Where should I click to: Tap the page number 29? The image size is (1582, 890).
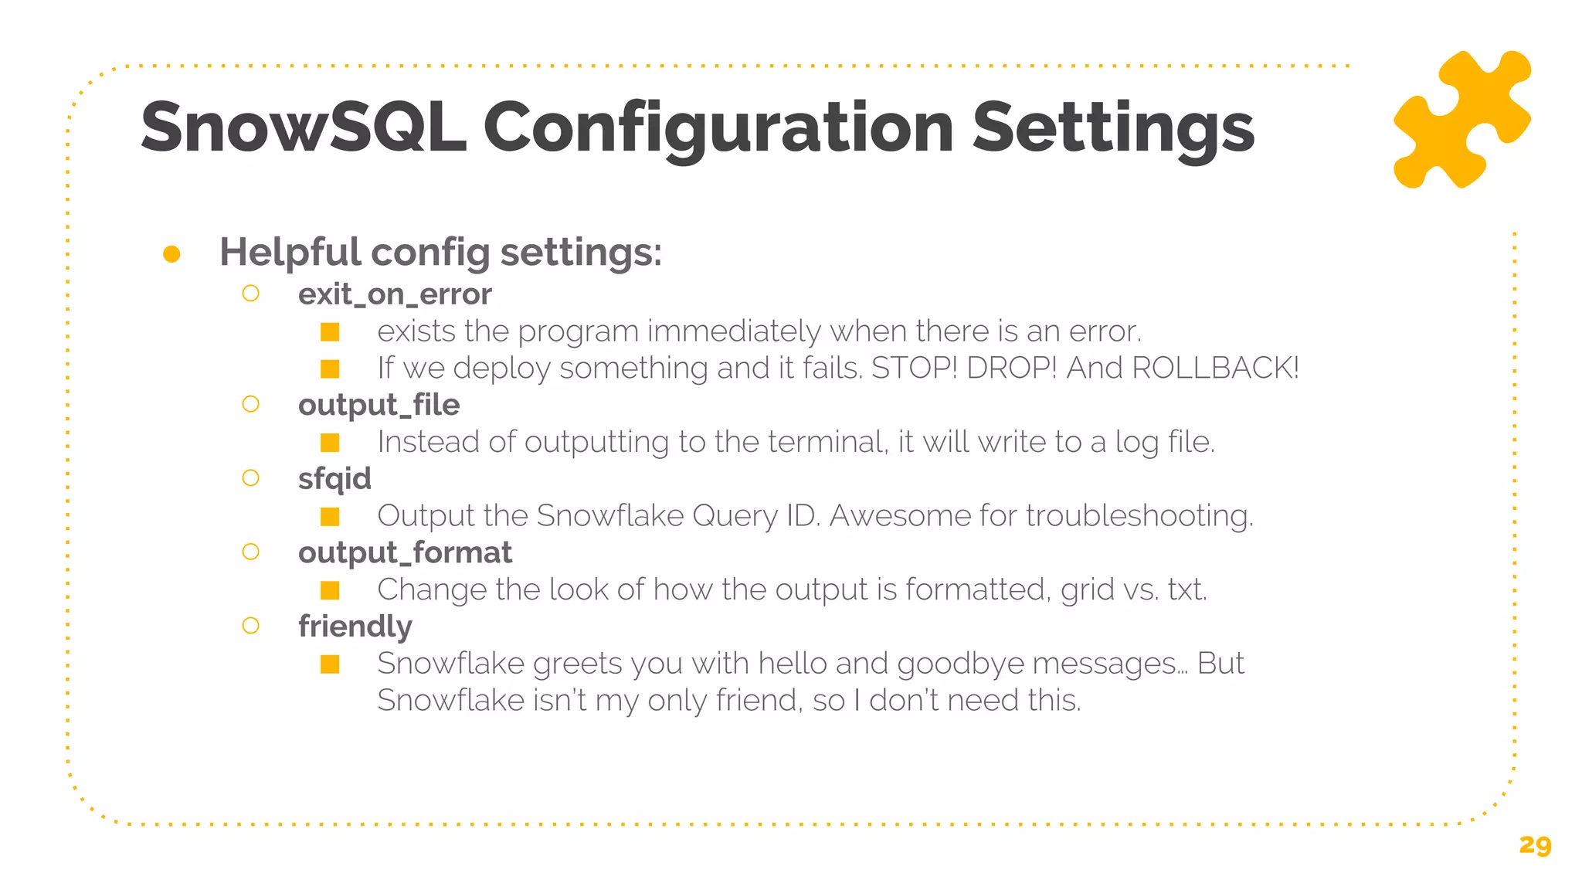coord(1534,845)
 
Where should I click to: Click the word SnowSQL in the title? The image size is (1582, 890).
coord(304,128)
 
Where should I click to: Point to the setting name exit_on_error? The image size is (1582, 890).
coord(395,294)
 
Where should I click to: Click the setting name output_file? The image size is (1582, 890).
coord(379,405)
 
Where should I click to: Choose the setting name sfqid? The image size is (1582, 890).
coord(334,479)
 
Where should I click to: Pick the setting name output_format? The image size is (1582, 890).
coord(405,552)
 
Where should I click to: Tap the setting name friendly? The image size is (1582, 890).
coord(355,627)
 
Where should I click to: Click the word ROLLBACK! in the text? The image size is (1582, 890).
coord(1215,368)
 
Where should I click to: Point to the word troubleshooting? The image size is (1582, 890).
coord(1139,515)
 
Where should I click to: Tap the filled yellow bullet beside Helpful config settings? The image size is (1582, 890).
coord(171,254)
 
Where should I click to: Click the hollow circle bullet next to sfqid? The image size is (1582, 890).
coord(250,478)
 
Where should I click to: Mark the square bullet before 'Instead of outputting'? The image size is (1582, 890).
coord(330,443)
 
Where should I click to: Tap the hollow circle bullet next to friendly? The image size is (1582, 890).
coord(250,626)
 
